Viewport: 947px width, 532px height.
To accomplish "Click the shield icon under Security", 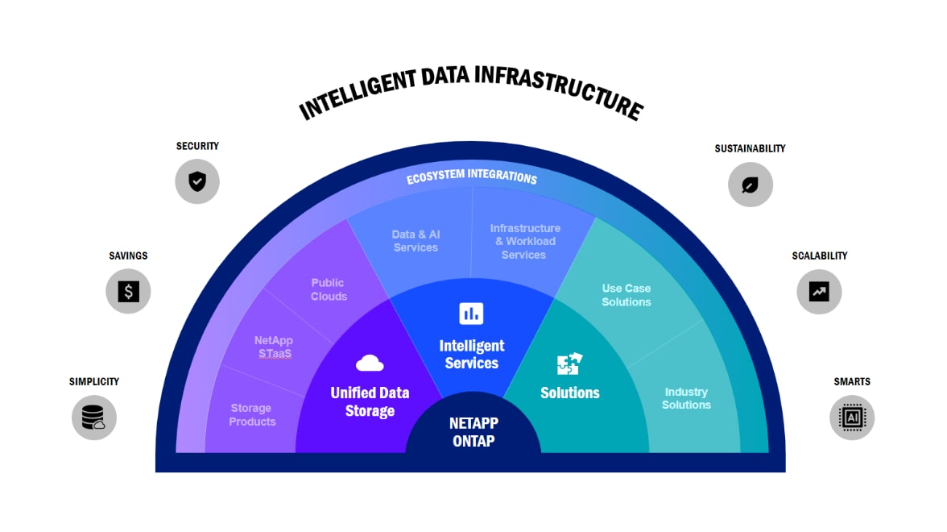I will pyautogui.click(x=197, y=181).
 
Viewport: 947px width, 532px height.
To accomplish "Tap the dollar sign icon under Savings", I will pyautogui.click(x=128, y=291).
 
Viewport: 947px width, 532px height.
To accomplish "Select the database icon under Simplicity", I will pyautogui.click(x=93, y=418).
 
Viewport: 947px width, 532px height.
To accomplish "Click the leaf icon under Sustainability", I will pyautogui.click(x=751, y=185).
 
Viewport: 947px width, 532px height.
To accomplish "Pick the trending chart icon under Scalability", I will pyautogui.click(x=819, y=292).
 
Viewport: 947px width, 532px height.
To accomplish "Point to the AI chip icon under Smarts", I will pyautogui.click(x=851, y=417).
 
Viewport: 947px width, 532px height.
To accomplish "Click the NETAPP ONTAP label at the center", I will pyautogui.click(x=473, y=432).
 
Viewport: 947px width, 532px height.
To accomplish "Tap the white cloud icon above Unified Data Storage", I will pyautogui.click(x=370, y=363).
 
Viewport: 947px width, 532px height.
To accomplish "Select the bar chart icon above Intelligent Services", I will pyautogui.click(x=471, y=313).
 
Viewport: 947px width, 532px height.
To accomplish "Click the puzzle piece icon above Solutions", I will pyautogui.click(x=569, y=364).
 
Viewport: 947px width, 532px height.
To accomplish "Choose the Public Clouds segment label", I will pyautogui.click(x=329, y=289).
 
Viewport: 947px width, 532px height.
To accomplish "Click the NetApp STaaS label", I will pyautogui.click(x=273, y=347).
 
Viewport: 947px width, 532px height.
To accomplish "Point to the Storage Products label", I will pyautogui.click(x=252, y=415).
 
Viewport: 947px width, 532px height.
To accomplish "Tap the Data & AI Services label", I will pyautogui.click(x=416, y=241).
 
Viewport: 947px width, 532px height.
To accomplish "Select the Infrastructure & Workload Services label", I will pyautogui.click(x=524, y=241).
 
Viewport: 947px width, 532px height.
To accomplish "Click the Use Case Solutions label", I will pyautogui.click(x=626, y=295).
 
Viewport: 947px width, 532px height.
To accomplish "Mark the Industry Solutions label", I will pyautogui.click(x=686, y=398).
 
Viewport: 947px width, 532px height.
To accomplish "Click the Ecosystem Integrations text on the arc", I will pyautogui.click(x=471, y=177).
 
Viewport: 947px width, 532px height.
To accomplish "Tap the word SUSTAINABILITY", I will pyautogui.click(x=750, y=148).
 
